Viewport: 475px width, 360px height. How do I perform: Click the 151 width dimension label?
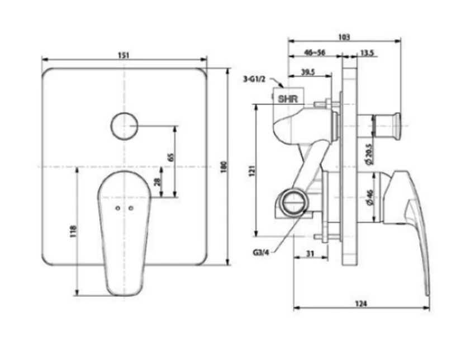[123, 55]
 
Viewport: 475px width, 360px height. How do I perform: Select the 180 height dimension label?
[224, 167]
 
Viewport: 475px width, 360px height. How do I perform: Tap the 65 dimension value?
[171, 158]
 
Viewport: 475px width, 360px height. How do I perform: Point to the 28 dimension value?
[157, 182]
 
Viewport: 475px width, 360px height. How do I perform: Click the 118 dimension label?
[74, 231]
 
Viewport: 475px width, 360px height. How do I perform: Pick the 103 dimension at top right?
[344, 37]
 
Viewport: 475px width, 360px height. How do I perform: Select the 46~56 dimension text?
[315, 53]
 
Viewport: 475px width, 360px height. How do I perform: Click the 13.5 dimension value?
[367, 53]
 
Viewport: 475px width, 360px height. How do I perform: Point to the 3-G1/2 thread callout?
[254, 79]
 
